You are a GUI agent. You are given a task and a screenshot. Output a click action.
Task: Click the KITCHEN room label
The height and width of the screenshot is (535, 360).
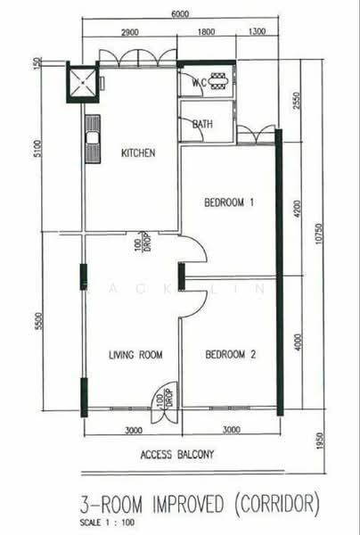pyautogui.click(x=138, y=153)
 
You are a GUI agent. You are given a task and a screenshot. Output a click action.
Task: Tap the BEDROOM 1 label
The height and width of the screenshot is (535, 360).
pyautogui.click(x=230, y=203)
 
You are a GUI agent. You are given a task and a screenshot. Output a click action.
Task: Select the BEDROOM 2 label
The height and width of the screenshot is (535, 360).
pyautogui.click(x=230, y=355)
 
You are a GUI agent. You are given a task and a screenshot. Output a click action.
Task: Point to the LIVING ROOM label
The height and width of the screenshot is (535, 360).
pyautogui.click(x=135, y=355)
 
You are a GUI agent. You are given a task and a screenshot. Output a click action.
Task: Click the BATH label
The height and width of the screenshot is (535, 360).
pyautogui.click(x=202, y=124)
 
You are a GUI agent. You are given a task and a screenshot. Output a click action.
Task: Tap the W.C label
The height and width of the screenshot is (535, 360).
pyautogui.click(x=200, y=82)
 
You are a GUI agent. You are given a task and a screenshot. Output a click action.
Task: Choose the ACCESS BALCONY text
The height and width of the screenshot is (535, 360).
pyautogui.click(x=177, y=455)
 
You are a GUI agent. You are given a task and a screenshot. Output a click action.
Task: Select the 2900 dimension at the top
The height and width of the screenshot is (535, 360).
pyautogui.click(x=129, y=33)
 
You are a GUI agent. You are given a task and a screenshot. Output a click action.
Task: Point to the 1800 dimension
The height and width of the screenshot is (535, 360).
pyautogui.click(x=207, y=33)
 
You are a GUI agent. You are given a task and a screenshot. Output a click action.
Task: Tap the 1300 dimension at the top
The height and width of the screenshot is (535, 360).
pyautogui.click(x=258, y=33)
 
